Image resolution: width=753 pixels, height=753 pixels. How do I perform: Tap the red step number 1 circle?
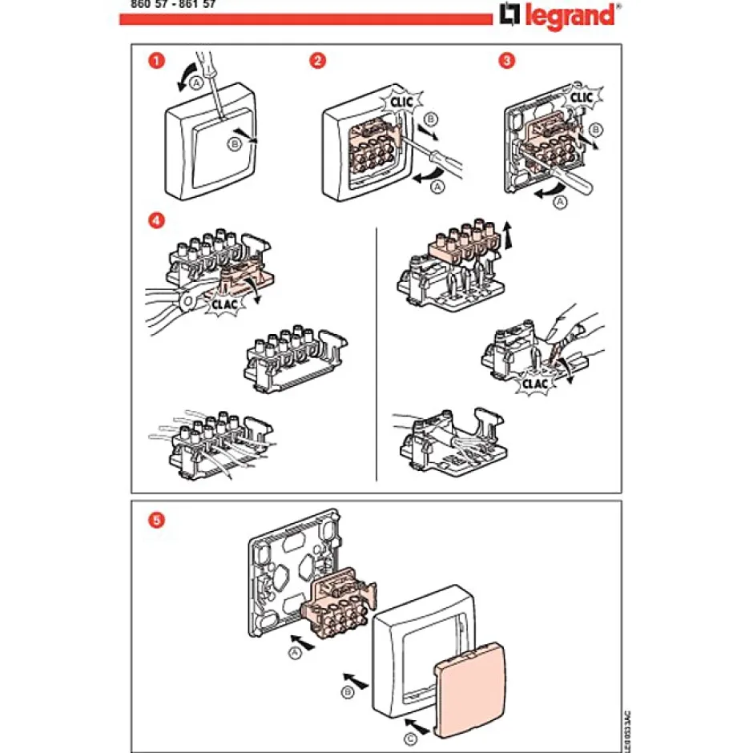(x=158, y=60)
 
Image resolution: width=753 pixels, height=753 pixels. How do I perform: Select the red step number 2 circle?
(x=319, y=60)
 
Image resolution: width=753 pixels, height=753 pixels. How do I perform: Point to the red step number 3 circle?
(x=505, y=60)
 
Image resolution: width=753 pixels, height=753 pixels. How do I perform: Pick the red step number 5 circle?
(x=158, y=519)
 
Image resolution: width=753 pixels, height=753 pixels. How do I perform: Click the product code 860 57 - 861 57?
(x=171, y=3)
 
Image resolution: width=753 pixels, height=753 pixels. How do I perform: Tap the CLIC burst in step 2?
(x=403, y=102)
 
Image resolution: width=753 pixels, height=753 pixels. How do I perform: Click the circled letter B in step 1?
(x=235, y=145)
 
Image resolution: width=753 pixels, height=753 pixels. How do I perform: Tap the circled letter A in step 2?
(x=437, y=187)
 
